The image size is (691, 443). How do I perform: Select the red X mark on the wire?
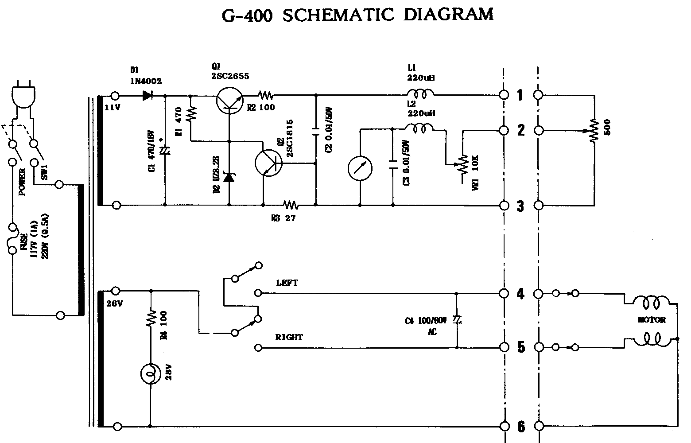click(x=212, y=333)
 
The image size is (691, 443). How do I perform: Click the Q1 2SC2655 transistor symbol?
click(x=230, y=100)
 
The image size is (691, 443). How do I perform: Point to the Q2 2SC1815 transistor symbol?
click(x=268, y=163)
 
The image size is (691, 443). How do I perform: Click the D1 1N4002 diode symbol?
click(x=148, y=95)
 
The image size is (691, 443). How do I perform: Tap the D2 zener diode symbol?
click(x=229, y=177)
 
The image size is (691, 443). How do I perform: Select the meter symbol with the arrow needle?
click(x=360, y=168)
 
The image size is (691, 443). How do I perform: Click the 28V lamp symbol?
click(x=151, y=374)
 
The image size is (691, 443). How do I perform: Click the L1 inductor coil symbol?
click(x=420, y=93)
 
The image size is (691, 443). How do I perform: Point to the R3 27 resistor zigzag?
click(x=291, y=205)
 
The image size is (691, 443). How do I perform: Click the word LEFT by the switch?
click(x=287, y=283)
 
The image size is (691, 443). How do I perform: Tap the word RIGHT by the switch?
click(x=289, y=337)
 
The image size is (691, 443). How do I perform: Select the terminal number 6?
click(x=521, y=427)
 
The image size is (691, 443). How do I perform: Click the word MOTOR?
click(x=652, y=319)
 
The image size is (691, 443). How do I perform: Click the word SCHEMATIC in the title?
click(x=338, y=16)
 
